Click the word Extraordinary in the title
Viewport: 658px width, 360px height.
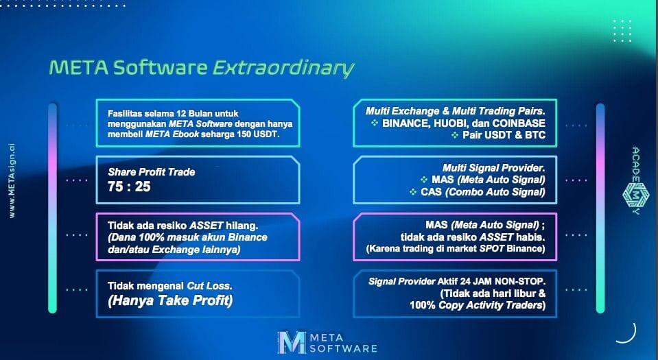(283, 69)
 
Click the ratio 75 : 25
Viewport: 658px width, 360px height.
(129, 187)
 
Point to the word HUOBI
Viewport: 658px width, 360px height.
(449, 123)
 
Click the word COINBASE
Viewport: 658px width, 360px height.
(519, 123)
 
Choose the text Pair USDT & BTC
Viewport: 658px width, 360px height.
(504, 135)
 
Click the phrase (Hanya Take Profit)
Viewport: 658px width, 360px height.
(170, 300)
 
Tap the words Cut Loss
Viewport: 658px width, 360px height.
(209, 286)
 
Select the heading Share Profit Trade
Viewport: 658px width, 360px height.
(152, 172)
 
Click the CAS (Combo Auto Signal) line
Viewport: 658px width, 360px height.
(483, 192)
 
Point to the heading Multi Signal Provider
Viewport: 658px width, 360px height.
(494, 168)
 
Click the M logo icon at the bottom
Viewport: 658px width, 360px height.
(291, 342)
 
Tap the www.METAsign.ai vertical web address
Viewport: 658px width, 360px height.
(12, 181)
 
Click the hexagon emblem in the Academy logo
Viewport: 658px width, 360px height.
(636, 194)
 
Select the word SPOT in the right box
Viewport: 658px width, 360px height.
(491, 249)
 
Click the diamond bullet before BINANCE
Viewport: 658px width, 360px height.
(375, 123)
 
